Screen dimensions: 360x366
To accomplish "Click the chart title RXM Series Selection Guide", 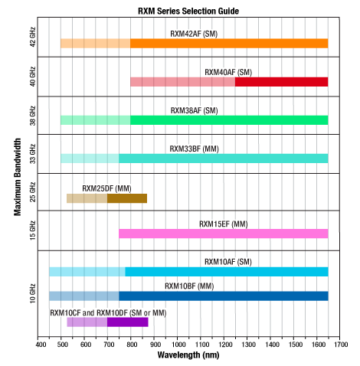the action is tap(188, 11).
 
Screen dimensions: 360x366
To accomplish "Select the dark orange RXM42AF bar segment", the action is tap(229, 44).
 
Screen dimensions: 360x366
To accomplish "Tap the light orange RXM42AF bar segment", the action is tap(96, 44).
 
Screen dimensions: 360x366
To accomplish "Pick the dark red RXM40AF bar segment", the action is tap(282, 82).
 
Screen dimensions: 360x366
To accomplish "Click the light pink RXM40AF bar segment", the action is tap(183, 82).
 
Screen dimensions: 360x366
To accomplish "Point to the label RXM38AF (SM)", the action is tap(194, 110).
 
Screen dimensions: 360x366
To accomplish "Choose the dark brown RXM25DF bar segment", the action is tap(127, 198).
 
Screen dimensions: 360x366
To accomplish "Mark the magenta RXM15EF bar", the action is tap(224, 234).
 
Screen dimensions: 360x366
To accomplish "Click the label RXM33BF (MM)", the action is tap(194, 149).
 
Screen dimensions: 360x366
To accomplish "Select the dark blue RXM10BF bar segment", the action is tap(224, 296).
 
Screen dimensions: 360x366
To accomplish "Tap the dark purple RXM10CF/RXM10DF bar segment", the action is tap(128, 322).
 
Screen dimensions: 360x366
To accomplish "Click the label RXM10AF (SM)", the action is tap(228, 262).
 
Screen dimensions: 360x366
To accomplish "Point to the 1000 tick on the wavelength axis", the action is tap(178, 338).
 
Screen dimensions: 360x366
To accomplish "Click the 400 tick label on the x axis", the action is tap(41, 345).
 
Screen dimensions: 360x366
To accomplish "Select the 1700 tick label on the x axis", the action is tap(341, 345).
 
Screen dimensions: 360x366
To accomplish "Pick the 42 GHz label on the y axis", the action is tap(32, 37).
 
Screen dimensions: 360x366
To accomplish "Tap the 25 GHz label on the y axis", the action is tap(32, 192).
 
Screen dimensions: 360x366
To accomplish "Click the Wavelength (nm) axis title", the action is tap(188, 355).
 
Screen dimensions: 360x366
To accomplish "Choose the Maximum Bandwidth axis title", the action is tap(18, 177).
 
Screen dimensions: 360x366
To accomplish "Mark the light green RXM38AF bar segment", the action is tap(96, 120).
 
